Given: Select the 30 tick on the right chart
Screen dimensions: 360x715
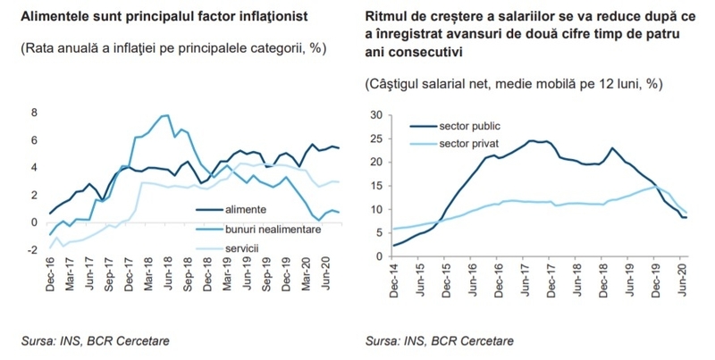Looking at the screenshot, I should [376, 114].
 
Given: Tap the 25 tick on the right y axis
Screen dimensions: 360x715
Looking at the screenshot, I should [376, 138].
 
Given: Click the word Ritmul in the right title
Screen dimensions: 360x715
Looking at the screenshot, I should [386, 17].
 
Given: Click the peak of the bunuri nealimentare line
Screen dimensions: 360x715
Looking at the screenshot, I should [165, 115].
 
